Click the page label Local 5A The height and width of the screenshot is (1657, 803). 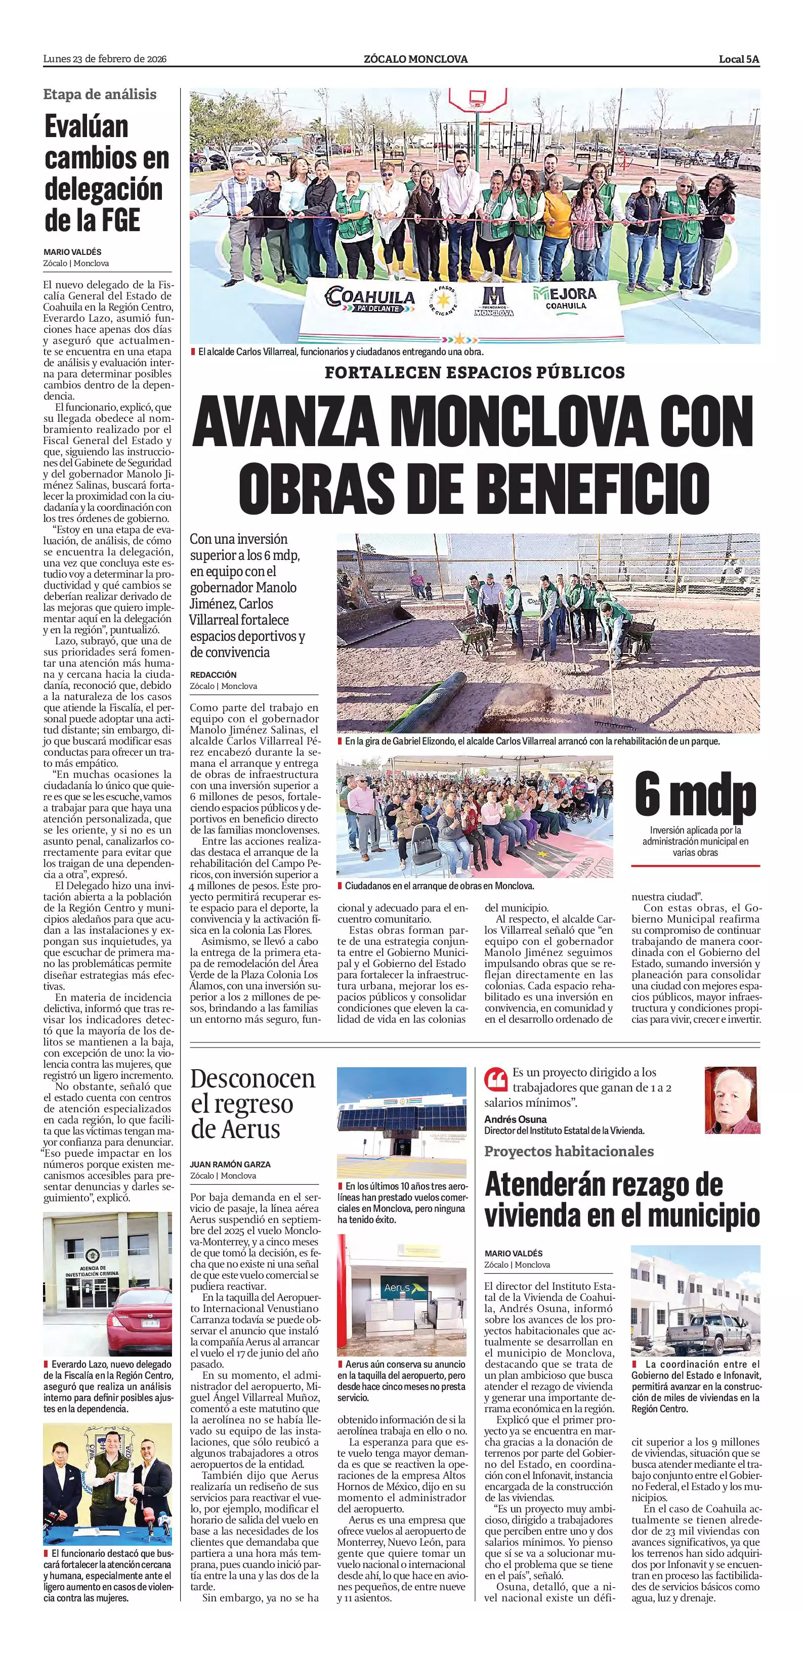point(739,59)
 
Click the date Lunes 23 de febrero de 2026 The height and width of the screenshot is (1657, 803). point(105,59)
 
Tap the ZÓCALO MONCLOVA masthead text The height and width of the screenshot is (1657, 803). point(415,59)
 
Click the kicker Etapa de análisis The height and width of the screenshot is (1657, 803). point(100,95)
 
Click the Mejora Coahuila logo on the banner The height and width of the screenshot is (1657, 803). point(564,298)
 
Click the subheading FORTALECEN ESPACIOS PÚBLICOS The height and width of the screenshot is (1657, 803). point(475,372)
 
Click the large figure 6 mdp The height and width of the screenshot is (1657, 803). point(695,796)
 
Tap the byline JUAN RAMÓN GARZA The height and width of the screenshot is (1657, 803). point(230,1164)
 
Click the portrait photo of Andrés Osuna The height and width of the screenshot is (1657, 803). point(732,1101)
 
